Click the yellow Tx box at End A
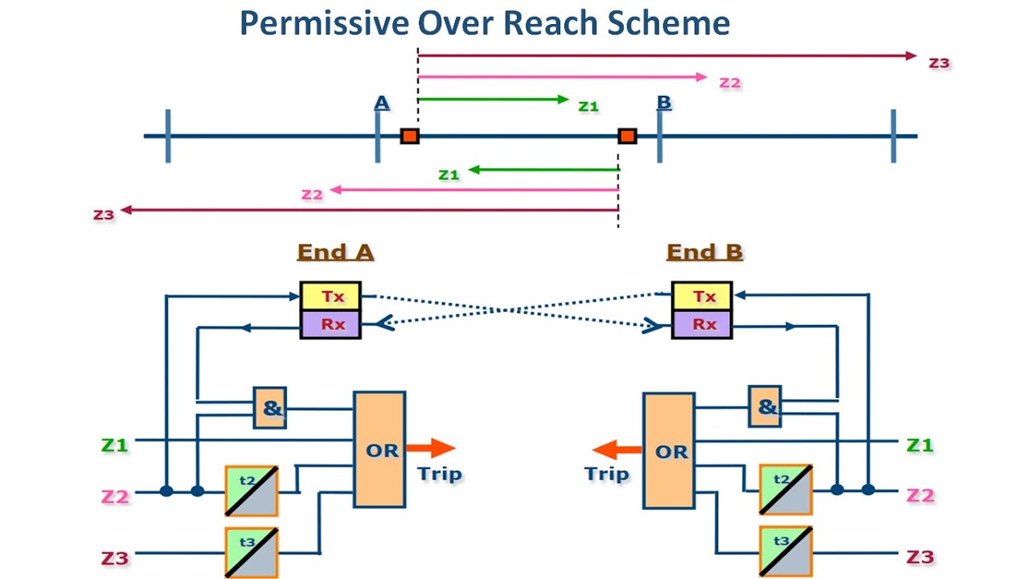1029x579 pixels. [x=330, y=296]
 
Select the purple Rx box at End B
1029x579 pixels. [x=702, y=324]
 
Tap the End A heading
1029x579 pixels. [x=335, y=252]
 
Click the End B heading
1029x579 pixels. [x=704, y=252]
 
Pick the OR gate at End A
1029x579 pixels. [x=379, y=450]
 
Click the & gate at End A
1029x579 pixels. [x=271, y=408]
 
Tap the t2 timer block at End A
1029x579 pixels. [x=251, y=490]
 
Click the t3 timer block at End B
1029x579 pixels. [x=785, y=551]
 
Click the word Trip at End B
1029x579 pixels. [x=607, y=474]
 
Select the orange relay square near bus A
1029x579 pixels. [x=410, y=136]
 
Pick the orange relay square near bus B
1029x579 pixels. [x=627, y=136]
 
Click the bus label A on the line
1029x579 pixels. [x=382, y=103]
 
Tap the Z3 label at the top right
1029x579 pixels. [x=939, y=62]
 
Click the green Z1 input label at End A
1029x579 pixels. [x=114, y=444]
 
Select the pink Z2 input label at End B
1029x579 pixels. [x=920, y=495]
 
